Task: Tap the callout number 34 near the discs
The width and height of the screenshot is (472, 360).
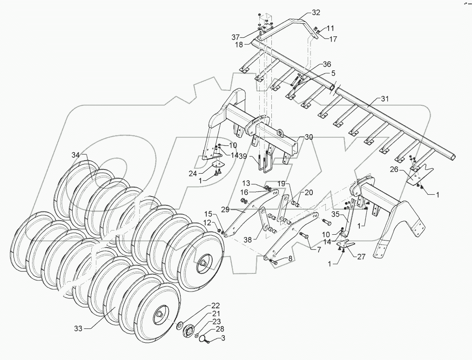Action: (76, 155)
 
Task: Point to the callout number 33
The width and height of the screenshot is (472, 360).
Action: (78, 328)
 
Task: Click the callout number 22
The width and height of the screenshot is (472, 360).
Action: (215, 306)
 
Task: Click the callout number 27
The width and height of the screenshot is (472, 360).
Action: (361, 256)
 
